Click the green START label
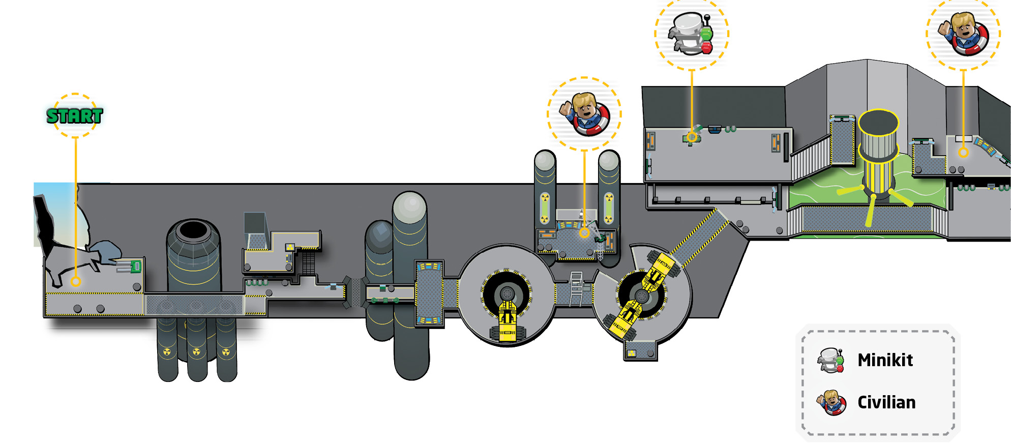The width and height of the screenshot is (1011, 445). (75, 116)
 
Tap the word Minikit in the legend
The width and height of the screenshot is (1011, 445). (885, 360)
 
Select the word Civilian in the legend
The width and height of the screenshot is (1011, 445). (886, 402)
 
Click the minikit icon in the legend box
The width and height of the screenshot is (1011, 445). (830, 360)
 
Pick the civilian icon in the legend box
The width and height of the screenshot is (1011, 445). (831, 403)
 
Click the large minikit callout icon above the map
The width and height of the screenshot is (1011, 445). (691, 33)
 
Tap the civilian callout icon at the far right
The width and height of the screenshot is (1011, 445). (963, 34)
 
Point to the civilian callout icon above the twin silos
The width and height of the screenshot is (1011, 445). (584, 113)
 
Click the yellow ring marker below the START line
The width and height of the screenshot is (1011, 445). (76, 281)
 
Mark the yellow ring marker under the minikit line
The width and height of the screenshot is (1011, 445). (692, 137)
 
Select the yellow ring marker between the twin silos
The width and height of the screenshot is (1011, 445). (584, 232)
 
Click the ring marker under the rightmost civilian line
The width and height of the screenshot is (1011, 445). (963, 152)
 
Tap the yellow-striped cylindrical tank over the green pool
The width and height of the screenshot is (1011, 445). (878, 153)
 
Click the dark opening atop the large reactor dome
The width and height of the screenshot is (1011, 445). (193, 230)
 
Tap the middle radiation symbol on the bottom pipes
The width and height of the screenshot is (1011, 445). (197, 351)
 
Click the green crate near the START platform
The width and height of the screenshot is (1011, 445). (135, 266)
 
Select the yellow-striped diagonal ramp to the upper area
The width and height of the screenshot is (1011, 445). (699, 239)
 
